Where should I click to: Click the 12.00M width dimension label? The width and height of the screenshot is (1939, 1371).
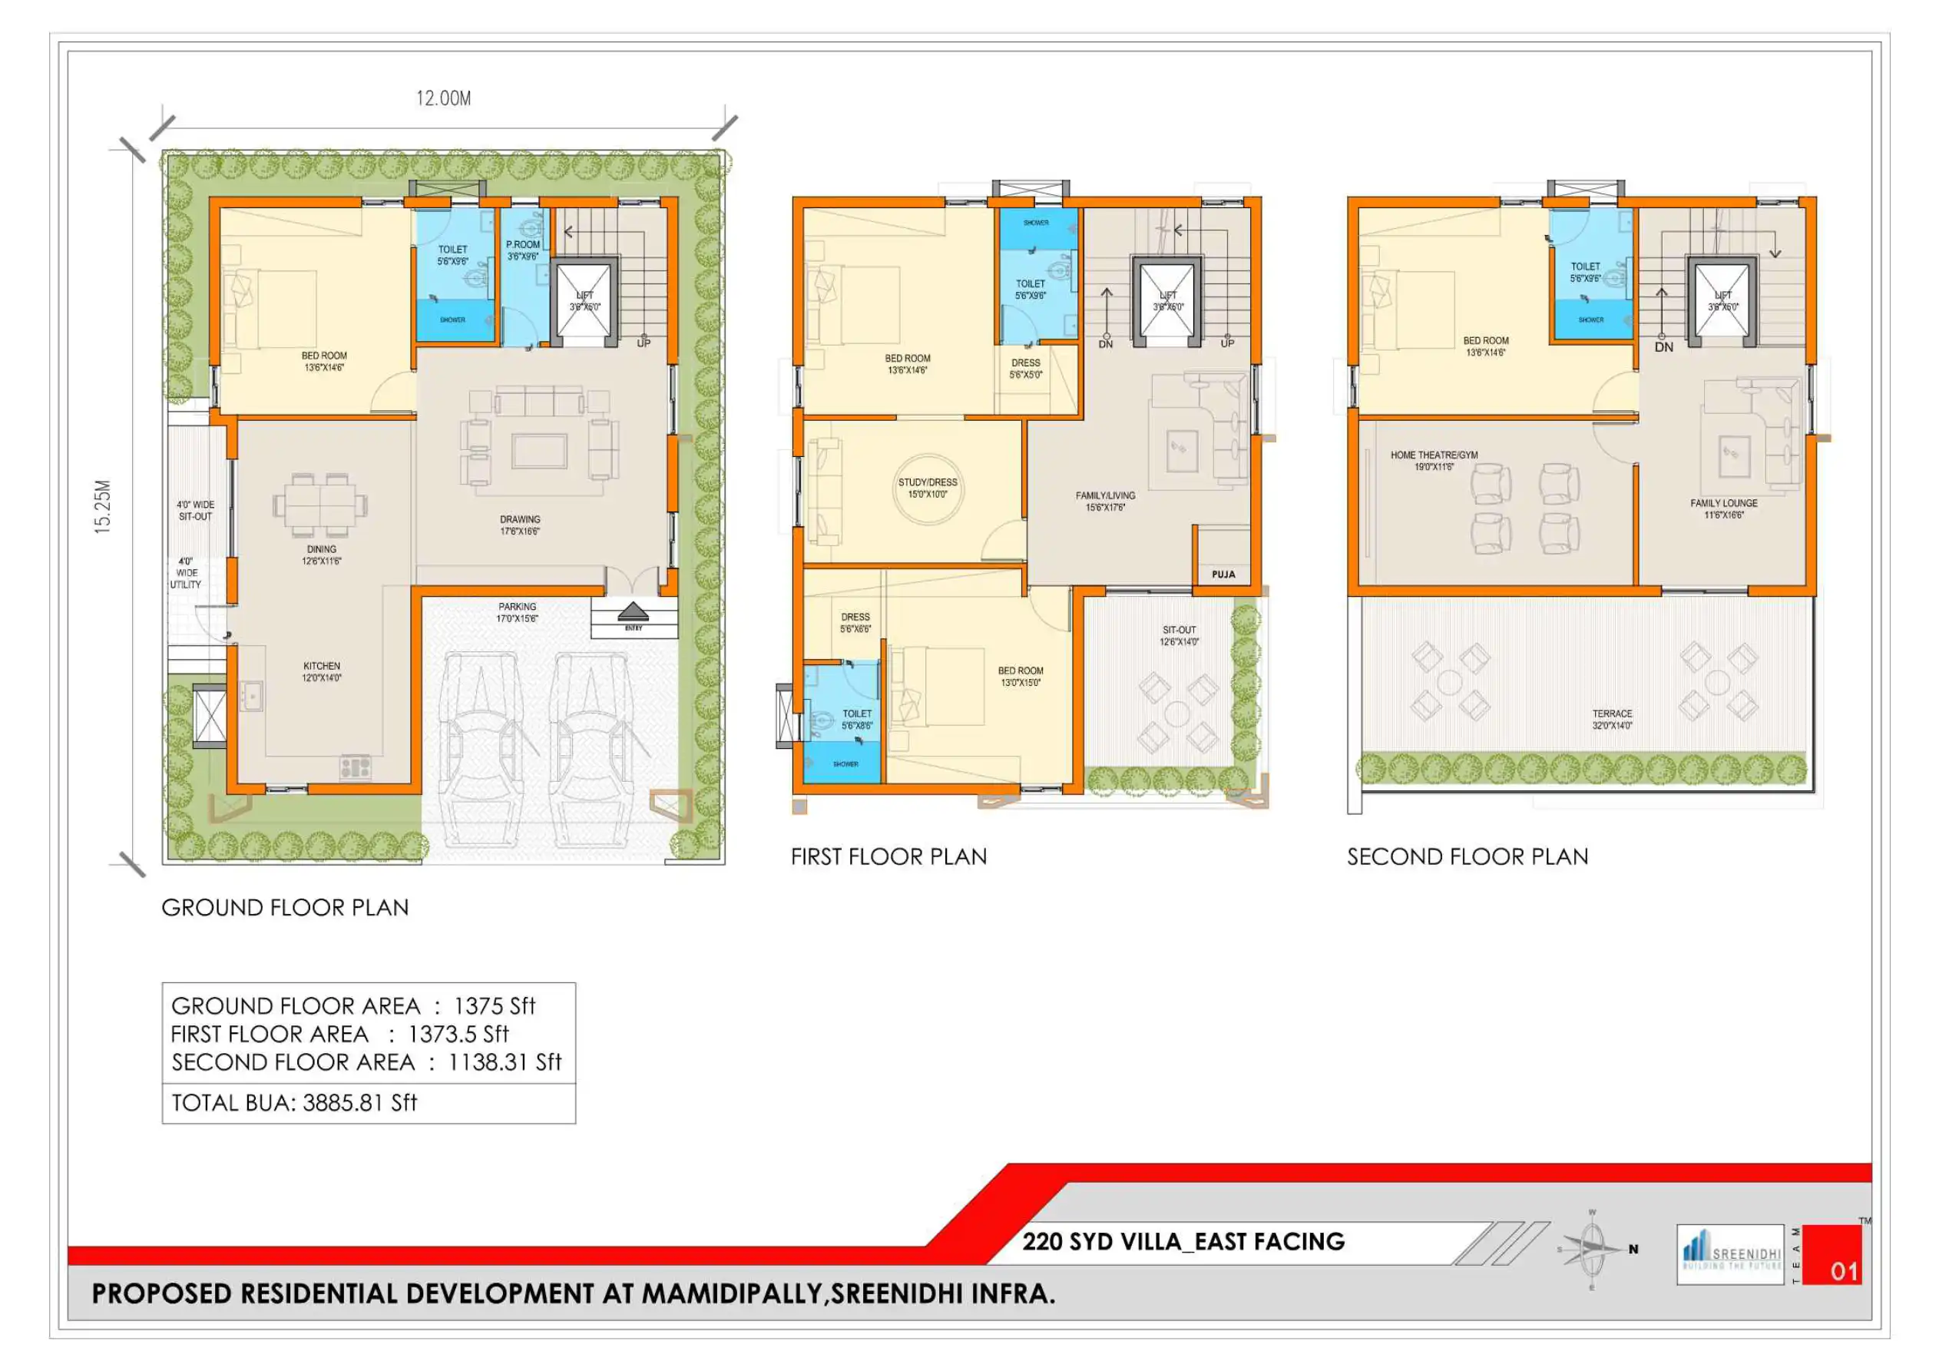(443, 98)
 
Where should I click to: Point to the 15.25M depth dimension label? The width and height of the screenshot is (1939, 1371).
(102, 506)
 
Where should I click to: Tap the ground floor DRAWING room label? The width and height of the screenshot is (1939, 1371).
(519, 525)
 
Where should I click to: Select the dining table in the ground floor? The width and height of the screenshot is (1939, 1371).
(320, 505)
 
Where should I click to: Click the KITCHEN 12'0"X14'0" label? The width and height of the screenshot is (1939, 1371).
(322, 671)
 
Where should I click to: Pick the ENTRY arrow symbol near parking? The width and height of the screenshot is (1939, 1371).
(634, 613)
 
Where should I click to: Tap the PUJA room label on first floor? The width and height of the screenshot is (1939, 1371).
(1223, 575)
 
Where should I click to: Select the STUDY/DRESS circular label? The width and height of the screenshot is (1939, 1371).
(928, 488)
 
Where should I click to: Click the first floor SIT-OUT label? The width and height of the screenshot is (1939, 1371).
(1179, 635)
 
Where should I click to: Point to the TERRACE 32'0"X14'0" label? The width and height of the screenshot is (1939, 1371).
(1611, 719)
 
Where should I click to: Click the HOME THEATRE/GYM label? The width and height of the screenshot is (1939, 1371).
(1434, 460)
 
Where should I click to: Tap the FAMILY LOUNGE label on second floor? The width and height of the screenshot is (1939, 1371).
(1724, 508)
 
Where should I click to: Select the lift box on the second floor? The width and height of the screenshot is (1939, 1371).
(1722, 301)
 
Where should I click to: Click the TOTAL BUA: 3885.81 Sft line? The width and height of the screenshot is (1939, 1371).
(294, 1102)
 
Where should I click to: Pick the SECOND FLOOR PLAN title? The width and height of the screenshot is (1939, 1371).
(1467, 856)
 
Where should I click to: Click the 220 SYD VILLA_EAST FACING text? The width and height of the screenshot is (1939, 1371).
(1183, 1241)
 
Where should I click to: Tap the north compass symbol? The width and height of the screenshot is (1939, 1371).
(1592, 1250)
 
